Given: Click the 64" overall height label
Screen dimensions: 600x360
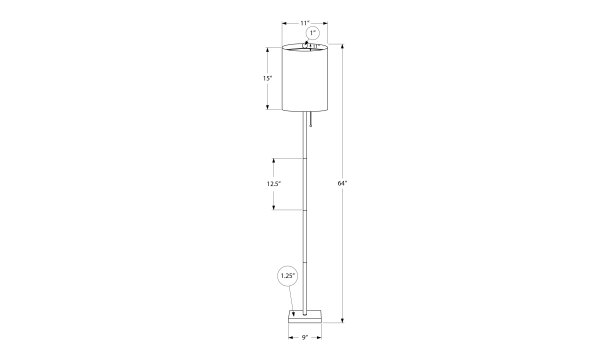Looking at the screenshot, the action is click(342, 183).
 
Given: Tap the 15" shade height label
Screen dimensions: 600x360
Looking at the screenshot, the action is click(267, 78).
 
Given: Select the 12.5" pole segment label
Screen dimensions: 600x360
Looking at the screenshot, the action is click(274, 184).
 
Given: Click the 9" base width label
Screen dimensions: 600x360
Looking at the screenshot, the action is click(305, 337).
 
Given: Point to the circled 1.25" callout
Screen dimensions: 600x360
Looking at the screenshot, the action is click(288, 276).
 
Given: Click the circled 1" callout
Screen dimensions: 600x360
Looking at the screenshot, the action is click(313, 33).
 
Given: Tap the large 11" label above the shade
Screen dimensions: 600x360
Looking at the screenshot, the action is click(305, 23).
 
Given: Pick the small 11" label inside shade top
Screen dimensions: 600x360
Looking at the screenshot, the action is click(316, 46).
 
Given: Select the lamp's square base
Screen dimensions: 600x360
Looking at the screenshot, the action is click(305, 317).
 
